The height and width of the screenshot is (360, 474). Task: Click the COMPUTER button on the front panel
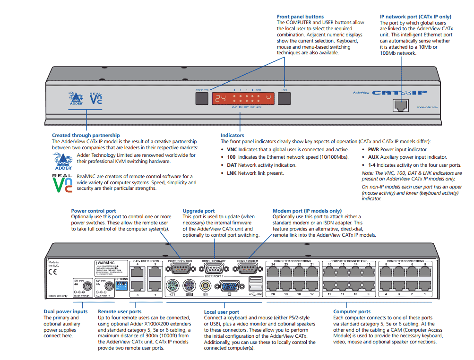tap(202, 98)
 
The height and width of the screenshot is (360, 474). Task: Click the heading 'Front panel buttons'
tap(300, 17)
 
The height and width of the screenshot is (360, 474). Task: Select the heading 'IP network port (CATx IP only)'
tap(415, 17)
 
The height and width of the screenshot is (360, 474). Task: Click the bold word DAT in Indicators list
tap(231, 165)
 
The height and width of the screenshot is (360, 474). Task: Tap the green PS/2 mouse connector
tap(172, 286)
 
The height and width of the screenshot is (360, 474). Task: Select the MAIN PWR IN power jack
tap(86, 286)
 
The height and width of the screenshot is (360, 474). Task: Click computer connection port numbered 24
tap(274, 271)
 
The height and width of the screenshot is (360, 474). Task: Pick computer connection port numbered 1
tap(424, 285)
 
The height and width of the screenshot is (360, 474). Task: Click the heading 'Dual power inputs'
tap(66, 311)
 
